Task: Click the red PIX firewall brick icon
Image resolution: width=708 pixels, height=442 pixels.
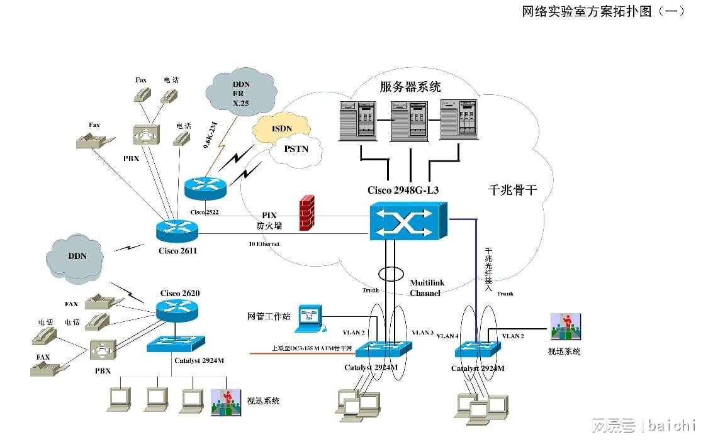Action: (x=306, y=211)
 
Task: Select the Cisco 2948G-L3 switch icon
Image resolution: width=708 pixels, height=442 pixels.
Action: (x=408, y=221)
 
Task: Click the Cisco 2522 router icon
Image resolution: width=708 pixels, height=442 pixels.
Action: (x=205, y=185)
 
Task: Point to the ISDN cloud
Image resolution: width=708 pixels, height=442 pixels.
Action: (x=281, y=128)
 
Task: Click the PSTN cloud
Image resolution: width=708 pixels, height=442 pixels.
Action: (x=296, y=150)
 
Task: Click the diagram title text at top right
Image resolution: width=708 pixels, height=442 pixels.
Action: (x=602, y=11)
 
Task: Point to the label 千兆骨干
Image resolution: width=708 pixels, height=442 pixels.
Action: (x=512, y=190)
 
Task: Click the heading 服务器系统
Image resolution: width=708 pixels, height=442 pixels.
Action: (x=410, y=87)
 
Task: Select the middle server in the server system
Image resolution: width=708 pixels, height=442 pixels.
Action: (x=410, y=119)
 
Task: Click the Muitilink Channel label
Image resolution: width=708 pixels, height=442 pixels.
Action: (x=427, y=288)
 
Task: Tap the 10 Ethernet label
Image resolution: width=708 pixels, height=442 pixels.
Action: (x=264, y=243)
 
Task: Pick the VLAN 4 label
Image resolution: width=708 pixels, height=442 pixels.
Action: (x=447, y=336)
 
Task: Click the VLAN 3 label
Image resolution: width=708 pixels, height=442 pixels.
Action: (x=422, y=332)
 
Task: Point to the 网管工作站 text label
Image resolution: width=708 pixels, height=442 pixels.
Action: (x=269, y=316)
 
